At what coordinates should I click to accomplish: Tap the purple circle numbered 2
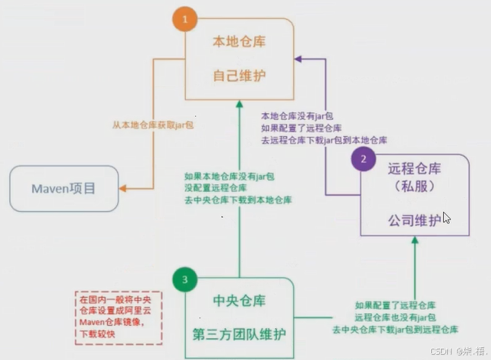click(363, 159)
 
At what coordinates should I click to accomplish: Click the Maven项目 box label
click(64, 188)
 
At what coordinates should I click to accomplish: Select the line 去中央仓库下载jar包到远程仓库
click(395, 330)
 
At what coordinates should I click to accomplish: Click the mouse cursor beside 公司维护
click(447, 217)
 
